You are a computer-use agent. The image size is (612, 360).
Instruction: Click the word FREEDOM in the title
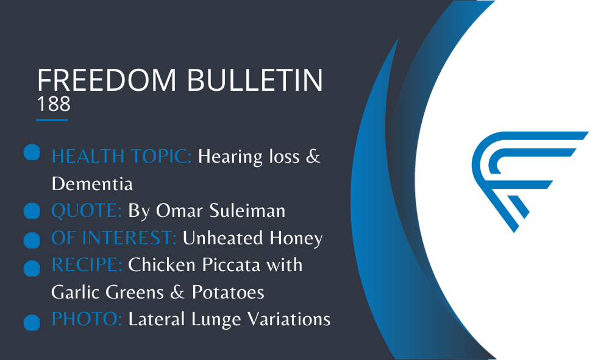coord(107,80)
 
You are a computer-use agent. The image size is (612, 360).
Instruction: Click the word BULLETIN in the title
coord(255,80)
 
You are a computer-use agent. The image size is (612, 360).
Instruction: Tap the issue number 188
coord(54,104)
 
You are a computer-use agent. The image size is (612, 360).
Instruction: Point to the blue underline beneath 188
coord(52,120)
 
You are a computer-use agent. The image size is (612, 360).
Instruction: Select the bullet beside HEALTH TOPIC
coord(32,152)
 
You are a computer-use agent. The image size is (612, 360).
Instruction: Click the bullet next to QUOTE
coord(32,211)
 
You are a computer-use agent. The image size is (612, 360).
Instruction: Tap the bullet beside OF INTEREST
coord(32,240)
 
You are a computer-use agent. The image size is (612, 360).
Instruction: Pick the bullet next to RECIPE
coord(32,269)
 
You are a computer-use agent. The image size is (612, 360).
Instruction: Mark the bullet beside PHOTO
coord(32,323)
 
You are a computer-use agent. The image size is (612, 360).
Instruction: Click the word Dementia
coord(92,184)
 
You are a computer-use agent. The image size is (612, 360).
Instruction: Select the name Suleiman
coord(247,211)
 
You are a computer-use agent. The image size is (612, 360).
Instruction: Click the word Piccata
coord(230,265)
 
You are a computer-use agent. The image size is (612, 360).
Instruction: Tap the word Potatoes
coord(228,292)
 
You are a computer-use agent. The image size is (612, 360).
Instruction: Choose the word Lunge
coord(216,320)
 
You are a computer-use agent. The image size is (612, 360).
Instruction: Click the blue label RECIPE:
coord(87,265)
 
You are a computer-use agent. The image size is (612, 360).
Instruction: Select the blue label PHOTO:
coord(87,319)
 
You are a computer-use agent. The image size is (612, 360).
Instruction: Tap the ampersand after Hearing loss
coord(313,157)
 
